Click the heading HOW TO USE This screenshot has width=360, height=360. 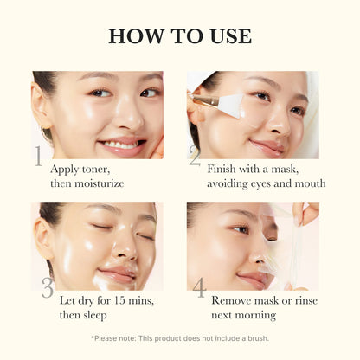click(180, 35)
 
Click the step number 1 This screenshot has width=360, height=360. click(37, 157)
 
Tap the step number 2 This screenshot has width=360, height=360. click(195, 155)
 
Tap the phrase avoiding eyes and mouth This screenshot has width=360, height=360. click(266, 183)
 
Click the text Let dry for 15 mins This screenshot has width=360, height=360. click(106, 302)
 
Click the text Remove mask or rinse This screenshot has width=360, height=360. click(266, 302)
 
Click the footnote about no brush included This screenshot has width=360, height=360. click(180, 337)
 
